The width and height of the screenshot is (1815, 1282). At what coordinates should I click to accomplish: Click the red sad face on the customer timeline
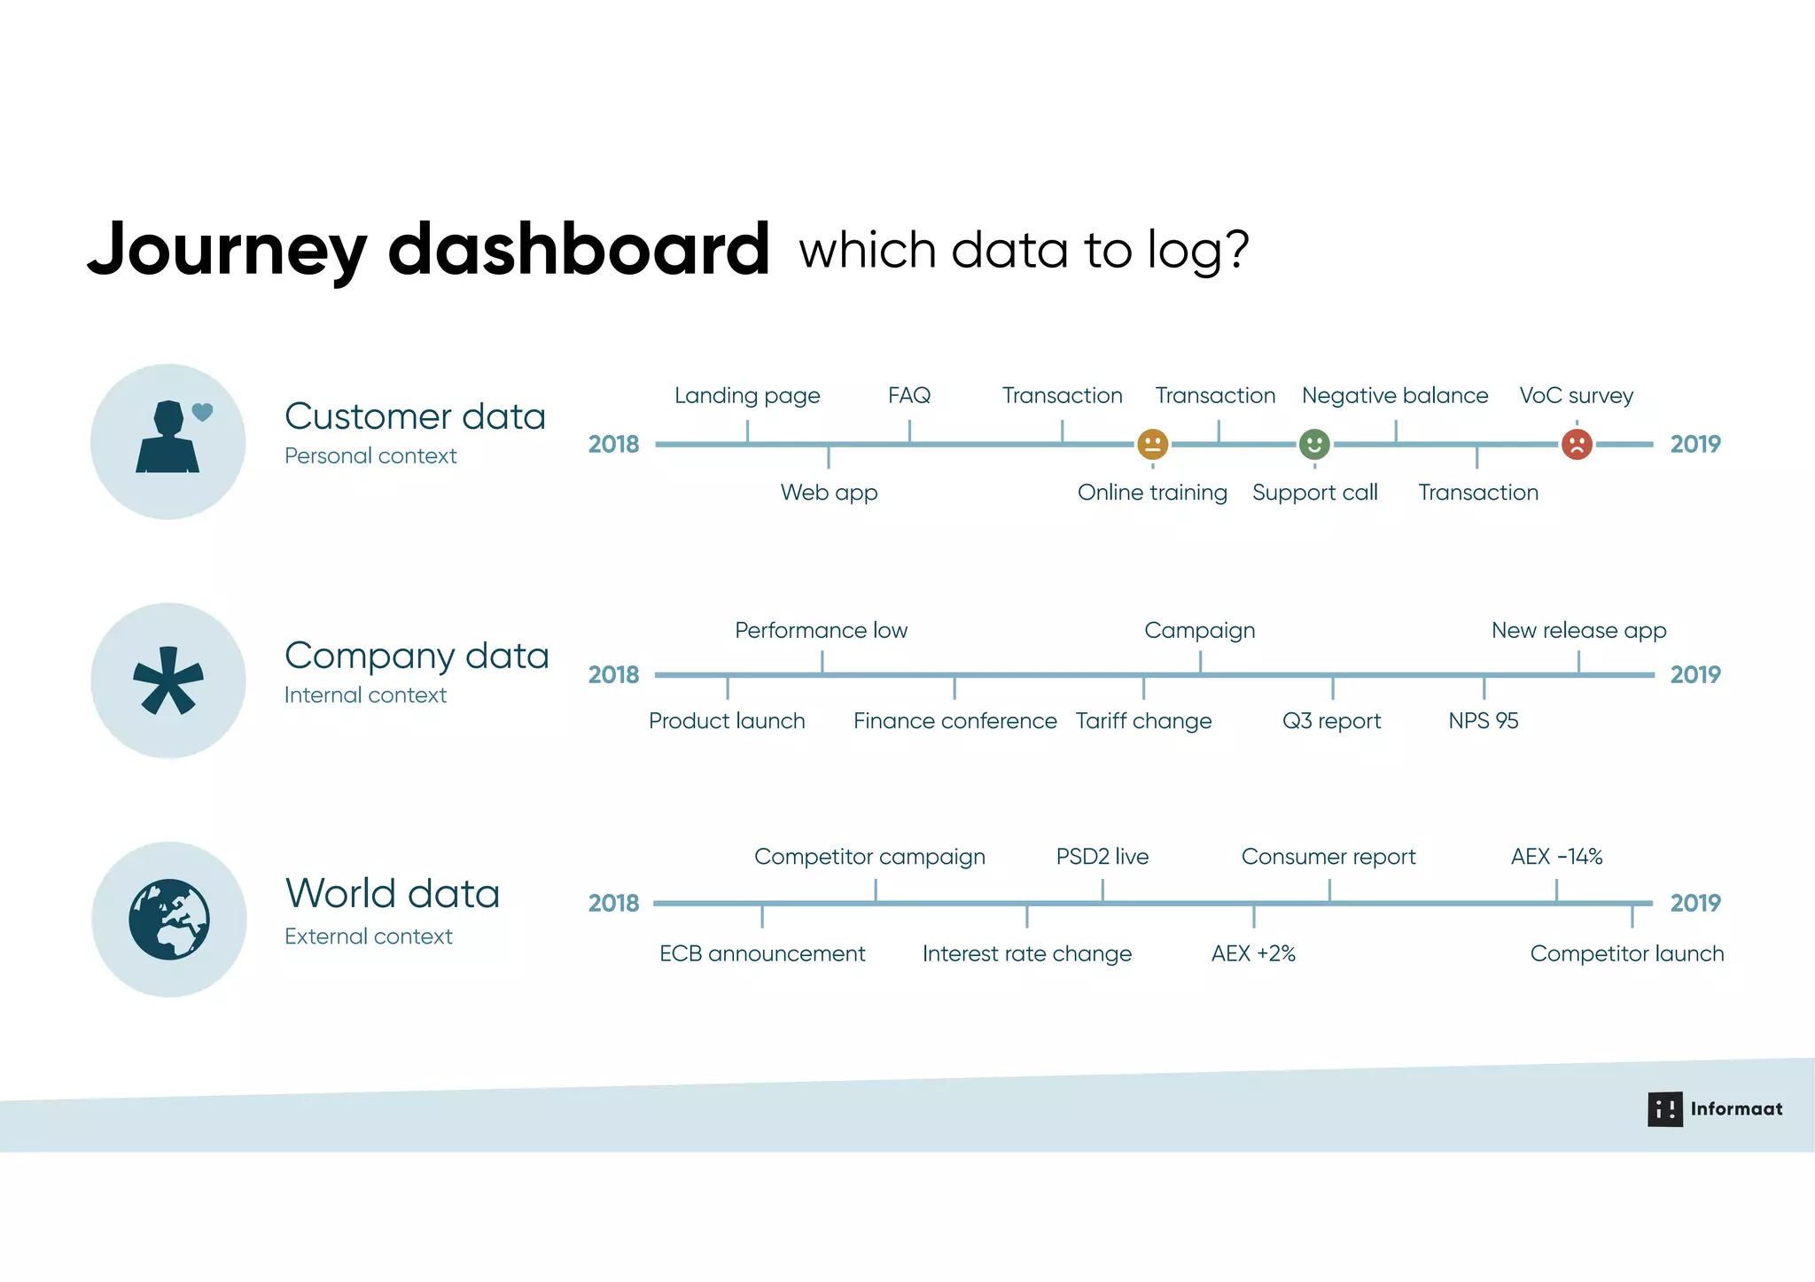pyautogui.click(x=1577, y=444)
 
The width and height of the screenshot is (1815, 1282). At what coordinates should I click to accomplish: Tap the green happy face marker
pyautogui.click(x=1314, y=444)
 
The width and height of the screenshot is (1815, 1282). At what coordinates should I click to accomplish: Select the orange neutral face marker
pyautogui.click(x=1152, y=444)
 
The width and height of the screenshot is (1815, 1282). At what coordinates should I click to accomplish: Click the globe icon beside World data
pyautogui.click(x=169, y=919)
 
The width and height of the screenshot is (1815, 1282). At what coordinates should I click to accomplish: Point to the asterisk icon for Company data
pyautogui.click(x=168, y=680)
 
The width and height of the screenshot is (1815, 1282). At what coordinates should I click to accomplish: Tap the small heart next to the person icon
pyautogui.click(x=203, y=412)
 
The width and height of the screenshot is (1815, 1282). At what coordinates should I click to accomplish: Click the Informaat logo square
pyautogui.click(x=1664, y=1109)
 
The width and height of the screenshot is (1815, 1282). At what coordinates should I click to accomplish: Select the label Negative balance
pyautogui.click(x=1394, y=395)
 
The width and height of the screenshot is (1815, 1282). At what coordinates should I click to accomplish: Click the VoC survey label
pyautogui.click(x=1576, y=395)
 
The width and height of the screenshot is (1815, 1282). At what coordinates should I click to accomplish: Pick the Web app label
pyautogui.click(x=829, y=493)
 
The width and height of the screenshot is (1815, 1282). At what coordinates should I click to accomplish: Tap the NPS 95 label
pyautogui.click(x=1483, y=721)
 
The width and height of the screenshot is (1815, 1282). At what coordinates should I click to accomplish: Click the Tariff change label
pyautogui.click(x=1143, y=721)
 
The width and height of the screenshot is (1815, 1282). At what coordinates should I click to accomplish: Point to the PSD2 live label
pyautogui.click(x=1102, y=857)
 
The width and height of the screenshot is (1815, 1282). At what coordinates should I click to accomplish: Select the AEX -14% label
pyautogui.click(x=1556, y=857)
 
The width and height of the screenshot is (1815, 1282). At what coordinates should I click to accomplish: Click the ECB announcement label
pyautogui.click(x=762, y=954)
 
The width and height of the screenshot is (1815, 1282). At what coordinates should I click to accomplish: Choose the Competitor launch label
pyautogui.click(x=1626, y=954)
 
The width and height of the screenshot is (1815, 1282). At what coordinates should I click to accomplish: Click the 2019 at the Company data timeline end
pyautogui.click(x=1694, y=675)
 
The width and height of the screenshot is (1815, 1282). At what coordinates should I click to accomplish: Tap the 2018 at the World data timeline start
pyautogui.click(x=613, y=904)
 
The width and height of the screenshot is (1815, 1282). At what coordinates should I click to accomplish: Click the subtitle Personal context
pyautogui.click(x=370, y=456)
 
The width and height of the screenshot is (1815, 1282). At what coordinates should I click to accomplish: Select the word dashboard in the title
pyautogui.click(x=579, y=250)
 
